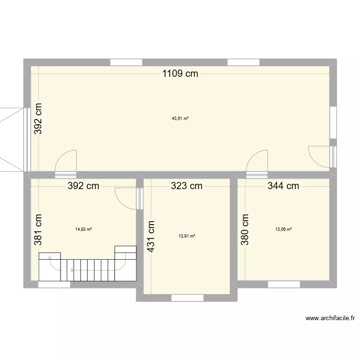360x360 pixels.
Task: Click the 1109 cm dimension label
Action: coord(180,73)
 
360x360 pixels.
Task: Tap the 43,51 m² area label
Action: coord(180,119)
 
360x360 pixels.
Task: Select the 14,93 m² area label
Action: coord(83,229)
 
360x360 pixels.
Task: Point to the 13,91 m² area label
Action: coord(187,236)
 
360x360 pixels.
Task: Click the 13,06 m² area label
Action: coord(283,229)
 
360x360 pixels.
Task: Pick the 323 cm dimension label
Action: coord(186,186)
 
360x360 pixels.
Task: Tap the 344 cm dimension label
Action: coord(283,186)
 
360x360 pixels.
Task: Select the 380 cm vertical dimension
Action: coord(245,229)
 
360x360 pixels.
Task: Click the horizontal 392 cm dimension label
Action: coord(83,186)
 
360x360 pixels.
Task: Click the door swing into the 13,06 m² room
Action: coord(258,161)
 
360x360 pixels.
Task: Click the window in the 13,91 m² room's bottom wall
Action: coord(187,298)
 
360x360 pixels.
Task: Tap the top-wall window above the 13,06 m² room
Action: coord(243,62)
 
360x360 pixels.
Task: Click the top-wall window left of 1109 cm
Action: coord(126,62)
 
